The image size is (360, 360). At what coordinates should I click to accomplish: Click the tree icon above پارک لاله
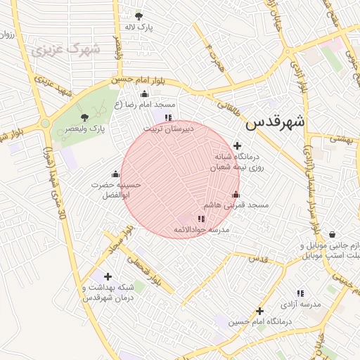click(139, 15)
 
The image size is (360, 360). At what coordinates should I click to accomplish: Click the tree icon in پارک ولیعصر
click(85, 117)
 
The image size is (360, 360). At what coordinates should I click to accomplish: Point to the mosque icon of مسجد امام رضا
click(145, 94)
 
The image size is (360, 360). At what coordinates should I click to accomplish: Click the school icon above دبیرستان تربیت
click(167, 117)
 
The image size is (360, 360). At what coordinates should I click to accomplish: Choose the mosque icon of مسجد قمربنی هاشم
click(236, 195)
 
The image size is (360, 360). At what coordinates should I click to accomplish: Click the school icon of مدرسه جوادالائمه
click(202, 219)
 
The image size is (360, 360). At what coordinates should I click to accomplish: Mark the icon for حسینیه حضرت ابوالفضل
click(115, 174)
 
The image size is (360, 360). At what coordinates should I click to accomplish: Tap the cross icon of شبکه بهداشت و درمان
click(107, 276)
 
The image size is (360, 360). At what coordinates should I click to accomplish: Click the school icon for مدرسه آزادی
click(301, 293)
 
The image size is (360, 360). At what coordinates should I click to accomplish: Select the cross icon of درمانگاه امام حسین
click(259, 310)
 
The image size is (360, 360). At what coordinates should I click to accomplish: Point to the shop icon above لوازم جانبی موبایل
click(332, 235)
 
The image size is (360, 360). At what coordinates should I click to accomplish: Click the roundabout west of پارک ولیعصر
click(44, 124)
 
